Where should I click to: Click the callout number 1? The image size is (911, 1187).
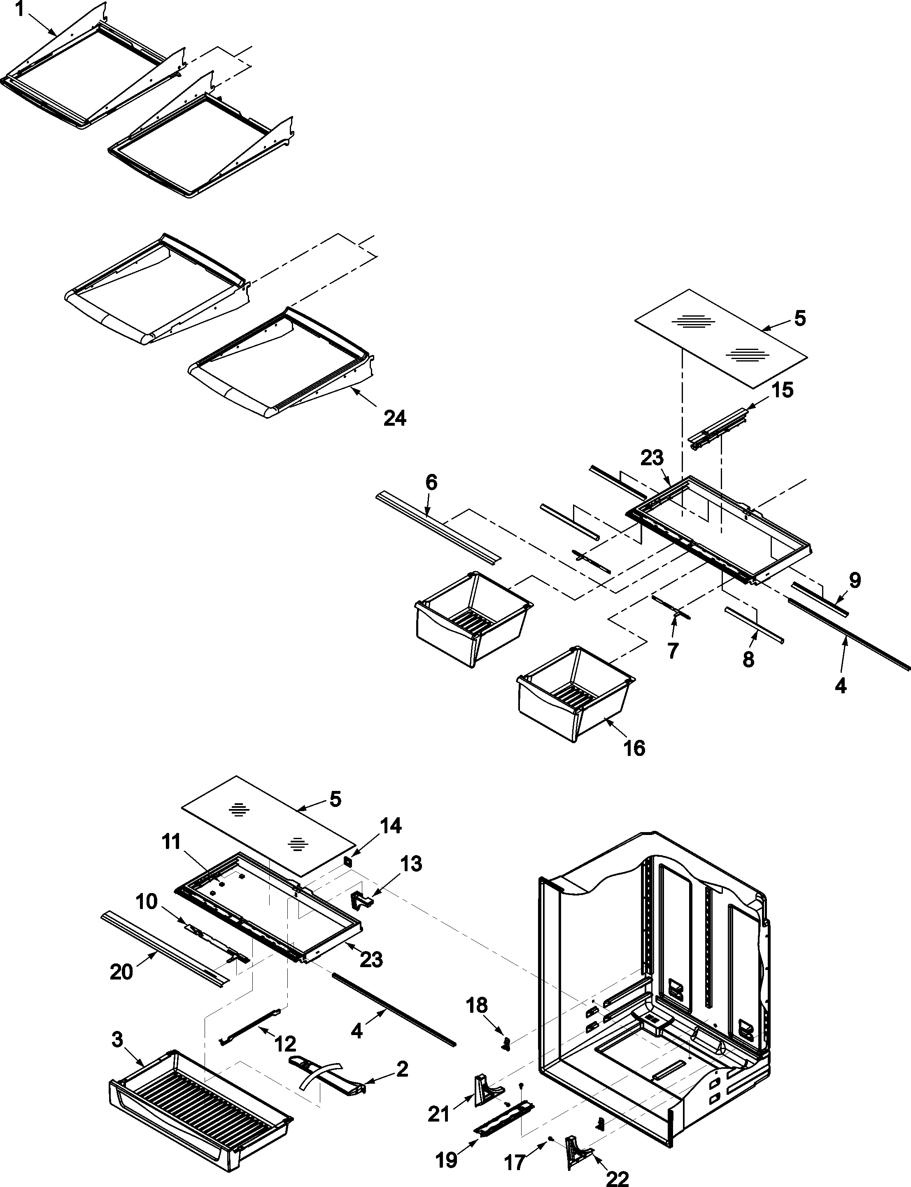tap(19, 10)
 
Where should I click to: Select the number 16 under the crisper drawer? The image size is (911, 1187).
tap(634, 749)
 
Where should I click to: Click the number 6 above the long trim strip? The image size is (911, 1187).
tap(431, 482)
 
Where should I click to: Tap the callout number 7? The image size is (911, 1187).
tap(673, 651)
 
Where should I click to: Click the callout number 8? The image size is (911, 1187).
tap(748, 660)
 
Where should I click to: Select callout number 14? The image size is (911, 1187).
tap(390, 826)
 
